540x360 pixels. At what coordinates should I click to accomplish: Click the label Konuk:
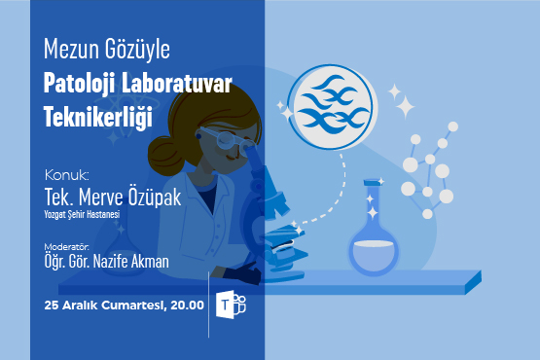[x=67, y=175]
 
